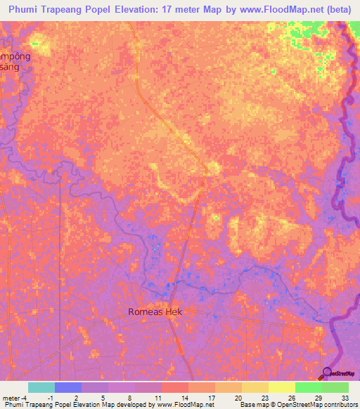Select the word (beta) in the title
click(x=337, y=9)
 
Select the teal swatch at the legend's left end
click(x=41, y=387)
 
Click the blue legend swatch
click(x=67, y=387)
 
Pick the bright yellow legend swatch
click(x=281, y=387)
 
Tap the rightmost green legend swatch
click(x=335, y=387)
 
